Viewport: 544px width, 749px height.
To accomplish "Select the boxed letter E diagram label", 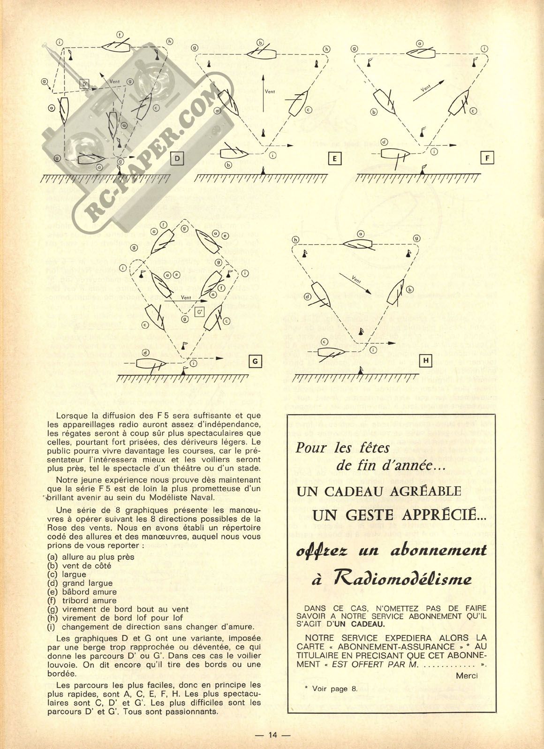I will [x=335, y=159].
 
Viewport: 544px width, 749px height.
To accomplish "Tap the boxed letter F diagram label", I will [x=487, y=159].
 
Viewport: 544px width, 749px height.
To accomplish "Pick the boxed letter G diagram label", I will [x=256, y=361].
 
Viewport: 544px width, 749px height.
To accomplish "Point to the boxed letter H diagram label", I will [x=427, y=360].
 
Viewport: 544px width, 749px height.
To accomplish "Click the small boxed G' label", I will [x=200, y=311].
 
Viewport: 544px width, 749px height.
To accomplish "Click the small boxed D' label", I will [x=85, y=84].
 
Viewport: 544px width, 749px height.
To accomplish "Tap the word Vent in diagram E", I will [x=270, y=91].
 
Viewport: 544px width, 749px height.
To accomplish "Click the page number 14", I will [x=273, y=735].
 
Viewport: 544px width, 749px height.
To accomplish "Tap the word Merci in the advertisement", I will [x=467, y=675].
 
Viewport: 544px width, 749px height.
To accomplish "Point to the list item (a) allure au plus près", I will [x=91, y=557].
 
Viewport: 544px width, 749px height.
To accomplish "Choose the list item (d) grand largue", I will [x=80, y=583].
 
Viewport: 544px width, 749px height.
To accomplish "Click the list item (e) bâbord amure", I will [x=82, y=591].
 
